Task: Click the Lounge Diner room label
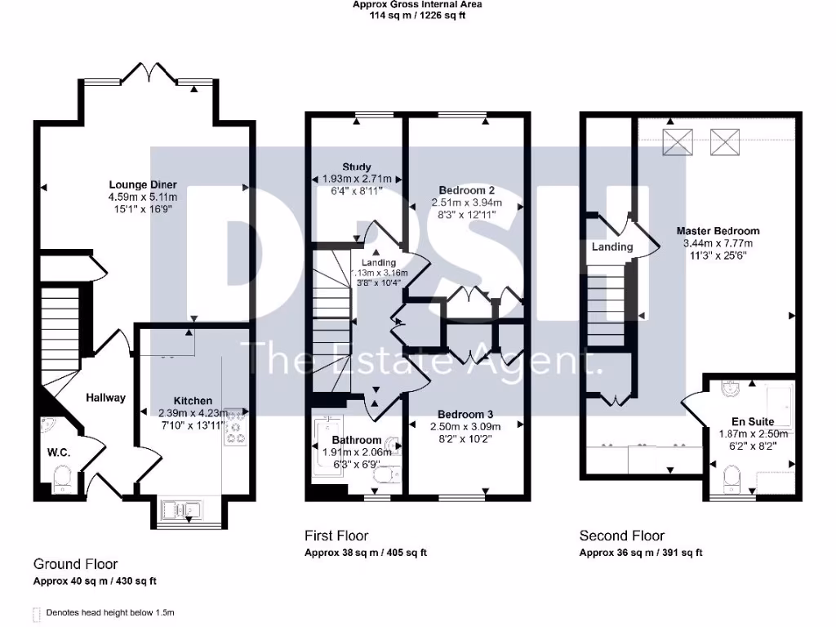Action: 143,185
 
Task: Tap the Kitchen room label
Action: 193,401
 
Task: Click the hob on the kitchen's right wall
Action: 237,428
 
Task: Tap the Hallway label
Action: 107,398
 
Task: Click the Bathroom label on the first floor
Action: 355,440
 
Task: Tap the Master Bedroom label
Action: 718,231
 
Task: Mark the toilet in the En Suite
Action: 731,475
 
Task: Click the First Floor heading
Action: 336,536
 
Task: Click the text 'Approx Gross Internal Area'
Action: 416,5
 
